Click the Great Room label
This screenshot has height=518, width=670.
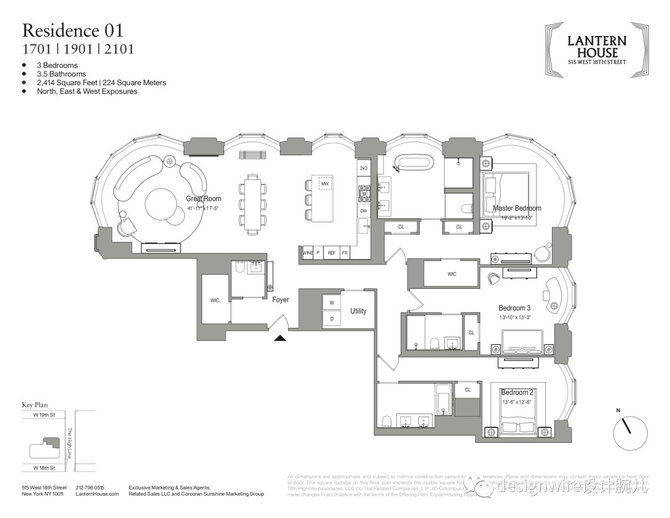[x=203, y=199]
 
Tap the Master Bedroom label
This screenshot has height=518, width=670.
[x=517, y=208]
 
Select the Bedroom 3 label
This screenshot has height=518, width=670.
[x=514, y=307]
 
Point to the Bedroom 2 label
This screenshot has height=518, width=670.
[x=517, y=392]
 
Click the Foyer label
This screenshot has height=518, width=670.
[x=280, y=300]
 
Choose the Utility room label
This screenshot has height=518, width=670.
[x=358, y=311]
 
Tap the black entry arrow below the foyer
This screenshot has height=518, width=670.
[x=280, y=338]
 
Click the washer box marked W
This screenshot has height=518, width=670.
[x=331, y=303]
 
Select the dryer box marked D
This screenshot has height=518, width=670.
[x=331, y=319]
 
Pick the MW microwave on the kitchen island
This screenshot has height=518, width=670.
[x=324, y=183]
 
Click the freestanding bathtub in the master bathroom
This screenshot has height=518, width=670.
[x=415, y=164]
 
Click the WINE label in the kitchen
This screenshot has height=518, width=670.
[x=307, y=253]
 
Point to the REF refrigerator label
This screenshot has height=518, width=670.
[x=331, y=253]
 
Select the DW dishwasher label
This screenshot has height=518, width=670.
[x=364, y=211]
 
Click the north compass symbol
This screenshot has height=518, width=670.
[x=630, y=432]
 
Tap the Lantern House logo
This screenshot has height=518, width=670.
[x=596, y=50]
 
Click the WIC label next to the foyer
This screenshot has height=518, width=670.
[x=215, y=300]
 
